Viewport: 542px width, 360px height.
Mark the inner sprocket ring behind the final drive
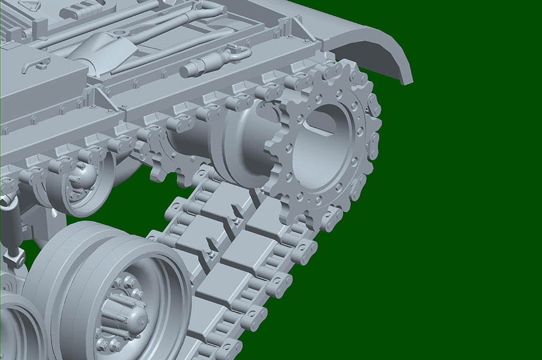pyautogui.click(x=159, y=154)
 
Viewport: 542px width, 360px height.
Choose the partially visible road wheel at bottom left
pyautogui.click(x=19, y=328)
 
